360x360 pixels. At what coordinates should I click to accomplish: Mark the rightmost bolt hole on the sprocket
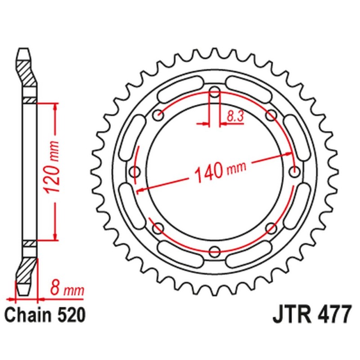coord(295,171)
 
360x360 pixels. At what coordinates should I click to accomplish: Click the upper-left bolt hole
coord(157,116)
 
